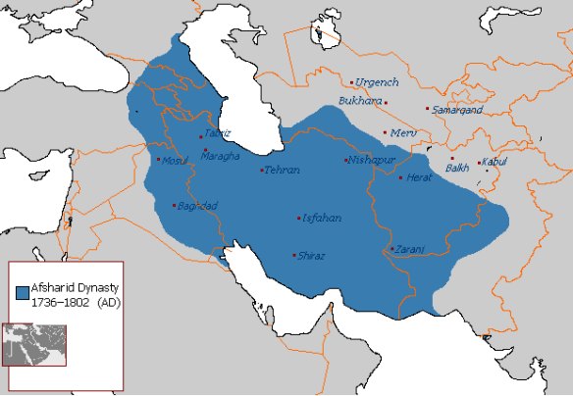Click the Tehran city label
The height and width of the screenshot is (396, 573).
[x=282, y=171]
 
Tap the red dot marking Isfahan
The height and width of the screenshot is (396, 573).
[x=299, y=218]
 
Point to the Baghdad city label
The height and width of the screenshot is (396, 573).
[x=197, y=205]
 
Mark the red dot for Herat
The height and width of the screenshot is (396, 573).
[x=400, y=177]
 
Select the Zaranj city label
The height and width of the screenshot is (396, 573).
[x=408, y=249]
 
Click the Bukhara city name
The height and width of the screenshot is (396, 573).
[x=358, y=100]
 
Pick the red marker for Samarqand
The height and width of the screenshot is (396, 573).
[x=427, y=109]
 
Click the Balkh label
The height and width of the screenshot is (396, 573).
[x=457, y=168]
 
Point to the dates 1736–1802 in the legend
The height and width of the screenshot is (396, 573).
[x=59, y=303]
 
